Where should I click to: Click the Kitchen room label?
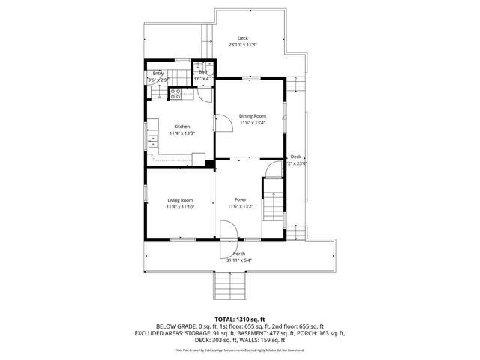point(181,127)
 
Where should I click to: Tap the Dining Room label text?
point(253,116)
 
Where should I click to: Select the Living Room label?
point(180,200)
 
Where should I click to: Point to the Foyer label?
point(241,199)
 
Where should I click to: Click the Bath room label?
point(203,72)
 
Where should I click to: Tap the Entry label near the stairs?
point(158,73)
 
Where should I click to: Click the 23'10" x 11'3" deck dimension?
point(242,45)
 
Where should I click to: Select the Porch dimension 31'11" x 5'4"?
point(239,260)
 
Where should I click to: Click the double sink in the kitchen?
point(152,140)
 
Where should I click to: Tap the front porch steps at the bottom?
point(231,286)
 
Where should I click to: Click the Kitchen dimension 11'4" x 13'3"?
point(181,133)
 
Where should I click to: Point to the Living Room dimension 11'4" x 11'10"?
point(180,207)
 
